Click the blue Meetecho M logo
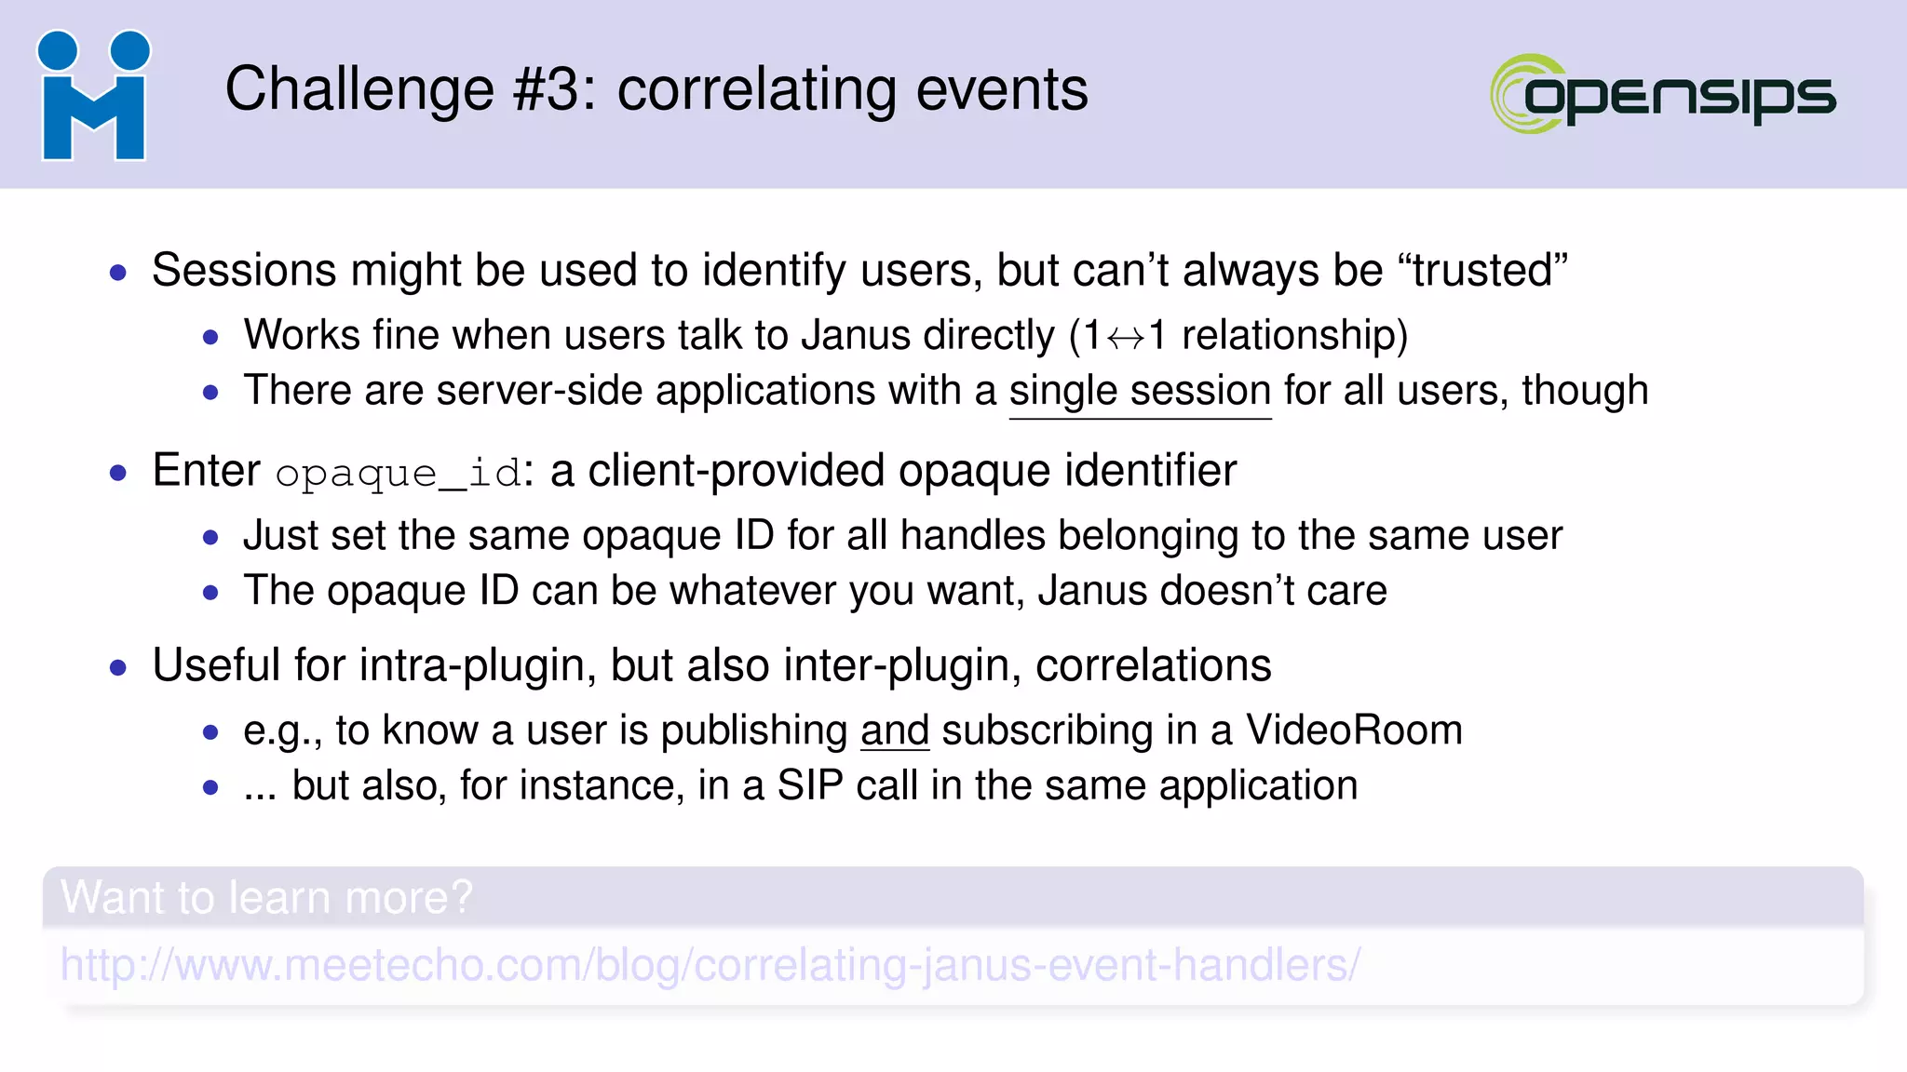pos(93,96)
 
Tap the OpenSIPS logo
pos(1663,94)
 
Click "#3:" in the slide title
pos(554,90)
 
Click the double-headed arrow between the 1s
pos(1126,337)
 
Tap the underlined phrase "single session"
pos(1140,391)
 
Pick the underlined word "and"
pos(894,730)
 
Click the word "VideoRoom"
pos(1354,730)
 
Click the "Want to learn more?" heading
pos(267,898)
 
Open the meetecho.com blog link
pos(710,965)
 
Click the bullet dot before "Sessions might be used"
pos(118,273)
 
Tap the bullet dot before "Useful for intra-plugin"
pos(118,667)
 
